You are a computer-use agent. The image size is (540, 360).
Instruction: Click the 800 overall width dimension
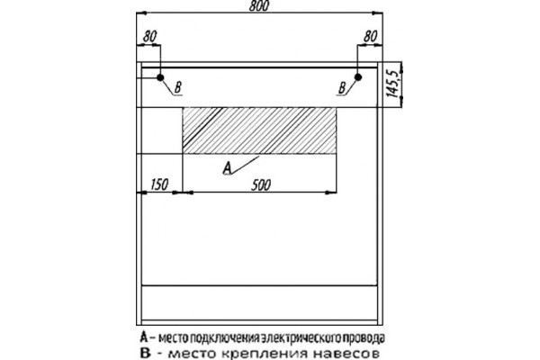pos(258,6)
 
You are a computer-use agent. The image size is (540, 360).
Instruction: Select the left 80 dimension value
pos(149,36)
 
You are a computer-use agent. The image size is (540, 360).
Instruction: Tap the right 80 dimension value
pos(370,36)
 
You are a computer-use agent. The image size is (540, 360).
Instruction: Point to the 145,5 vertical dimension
pos(393,84)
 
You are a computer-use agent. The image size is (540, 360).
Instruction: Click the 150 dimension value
pos(159,184)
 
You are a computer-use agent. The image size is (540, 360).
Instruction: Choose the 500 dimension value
pos(261,185)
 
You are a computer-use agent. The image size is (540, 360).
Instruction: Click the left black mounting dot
pos(160,77)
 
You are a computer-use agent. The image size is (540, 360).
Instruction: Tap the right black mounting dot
pos(358,77)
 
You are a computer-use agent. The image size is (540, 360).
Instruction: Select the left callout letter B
pos(177,88)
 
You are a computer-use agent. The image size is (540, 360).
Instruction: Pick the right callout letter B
pos(342,88)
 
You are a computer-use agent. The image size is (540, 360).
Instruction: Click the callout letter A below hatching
pos(228,168)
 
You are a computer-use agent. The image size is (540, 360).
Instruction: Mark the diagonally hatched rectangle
pos(259,130)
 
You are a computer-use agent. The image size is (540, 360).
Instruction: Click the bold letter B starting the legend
pos(146,354)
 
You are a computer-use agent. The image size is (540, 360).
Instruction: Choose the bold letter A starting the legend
pos(144,337)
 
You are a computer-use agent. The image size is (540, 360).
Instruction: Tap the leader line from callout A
pos(245,165)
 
